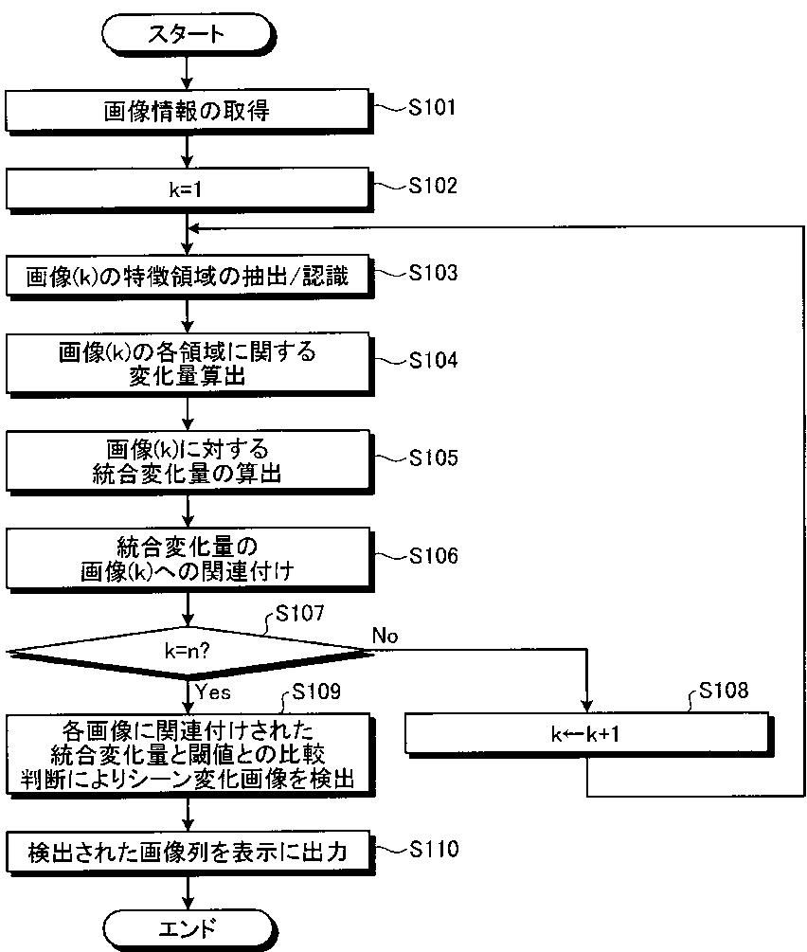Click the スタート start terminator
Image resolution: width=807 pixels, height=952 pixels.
click(x=187, y=35)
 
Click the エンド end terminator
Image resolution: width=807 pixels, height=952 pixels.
click(x=187, y=925)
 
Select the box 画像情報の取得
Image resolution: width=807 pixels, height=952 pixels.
click(x=187, y=111)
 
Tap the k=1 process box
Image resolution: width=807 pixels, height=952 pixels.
click(x=187, y=189)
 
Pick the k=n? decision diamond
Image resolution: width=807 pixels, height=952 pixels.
click(x=187, y=652)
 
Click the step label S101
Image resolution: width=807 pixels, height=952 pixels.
click(x=433, y=107)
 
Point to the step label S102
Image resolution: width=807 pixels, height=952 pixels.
click(x=433, y=186)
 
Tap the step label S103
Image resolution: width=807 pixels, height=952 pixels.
click(x=433, y=273)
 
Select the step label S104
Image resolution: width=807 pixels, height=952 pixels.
click(x=433, y=360)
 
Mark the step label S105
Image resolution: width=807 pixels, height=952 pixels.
click(x=433, y=458)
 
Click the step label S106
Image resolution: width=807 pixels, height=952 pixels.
click(x=433, y=555)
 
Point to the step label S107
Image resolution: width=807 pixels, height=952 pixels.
click(x=299, y=613)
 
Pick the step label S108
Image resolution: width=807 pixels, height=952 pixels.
click(x=723, y=691)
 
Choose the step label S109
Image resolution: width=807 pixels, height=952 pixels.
click(x=315, y=691)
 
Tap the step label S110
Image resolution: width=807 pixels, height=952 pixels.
click(x=433, y=849)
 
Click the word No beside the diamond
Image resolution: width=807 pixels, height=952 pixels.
click(x=385, y=634)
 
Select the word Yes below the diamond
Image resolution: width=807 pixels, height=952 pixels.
click(x=212, y=692)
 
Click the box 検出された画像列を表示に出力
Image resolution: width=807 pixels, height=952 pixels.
click(x=187, y=853)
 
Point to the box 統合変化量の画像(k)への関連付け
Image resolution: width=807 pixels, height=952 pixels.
click(x=187, y=559)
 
